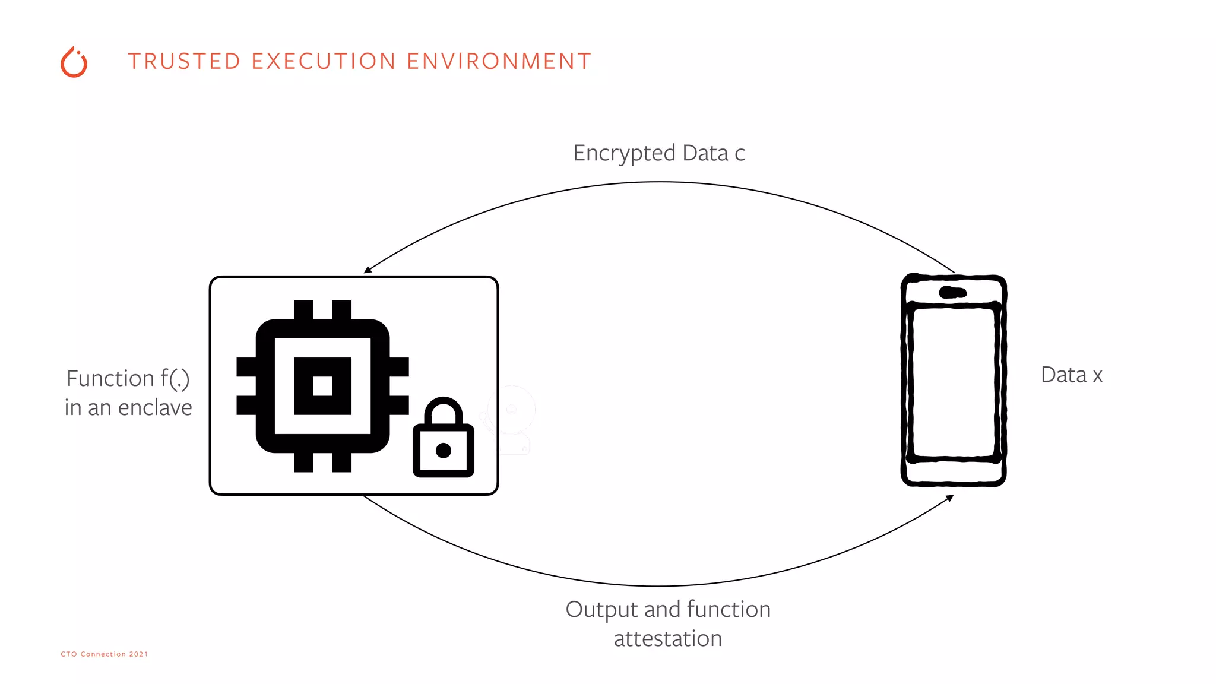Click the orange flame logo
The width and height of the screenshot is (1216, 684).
coord(74,62)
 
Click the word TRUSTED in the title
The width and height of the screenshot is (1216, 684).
coord(183,61)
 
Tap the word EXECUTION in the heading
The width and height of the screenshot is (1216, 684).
coord(324,61)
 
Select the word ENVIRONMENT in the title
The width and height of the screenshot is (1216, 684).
coord(499,61)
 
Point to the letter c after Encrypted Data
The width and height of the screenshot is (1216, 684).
coord(740,155)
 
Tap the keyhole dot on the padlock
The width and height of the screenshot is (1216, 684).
coord(444,451)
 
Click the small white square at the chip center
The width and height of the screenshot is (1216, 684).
coord(323,386)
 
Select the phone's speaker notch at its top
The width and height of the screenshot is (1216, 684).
coord(953,292)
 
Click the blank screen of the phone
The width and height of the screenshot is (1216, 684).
coord(954,383)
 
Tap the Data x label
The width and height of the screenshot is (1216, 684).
coord(1071,375)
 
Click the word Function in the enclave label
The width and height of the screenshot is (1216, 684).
coord(110,379)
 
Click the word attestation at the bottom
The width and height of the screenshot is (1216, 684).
coord(668,639)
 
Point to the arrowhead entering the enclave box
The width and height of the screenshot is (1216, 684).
coord(368,270)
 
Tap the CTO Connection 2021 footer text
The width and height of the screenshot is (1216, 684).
coord(104,654)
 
